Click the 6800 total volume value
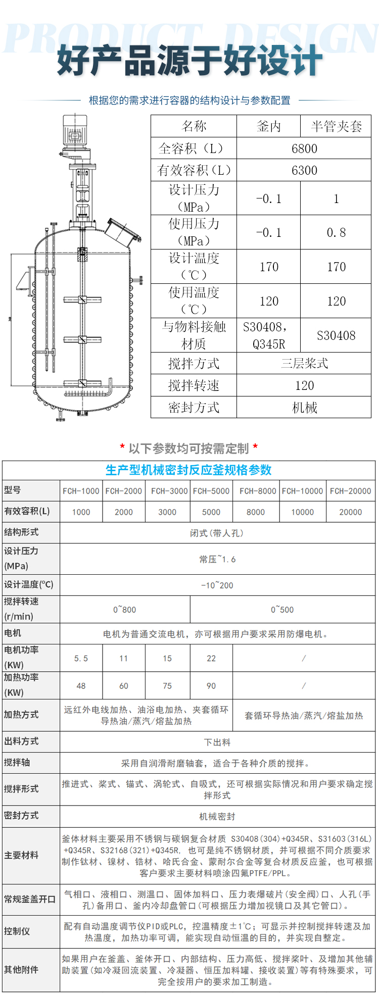point(304,148)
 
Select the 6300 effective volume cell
point(304,171)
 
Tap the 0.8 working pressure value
point(336,233)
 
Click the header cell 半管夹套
point(336,126)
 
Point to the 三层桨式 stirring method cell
point(304,364)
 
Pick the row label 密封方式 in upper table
point(194,408)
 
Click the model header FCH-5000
point(211,491)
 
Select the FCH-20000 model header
point(350,491)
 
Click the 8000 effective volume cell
point(256,512)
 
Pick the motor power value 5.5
point(81,659)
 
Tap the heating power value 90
point(211,686)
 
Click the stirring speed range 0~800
point(125,610)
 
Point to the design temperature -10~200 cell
point(217,585)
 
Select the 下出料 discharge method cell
point(217,742)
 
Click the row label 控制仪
point(17,931)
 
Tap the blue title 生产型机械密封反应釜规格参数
point(188,470)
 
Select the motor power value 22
point(211,659)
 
